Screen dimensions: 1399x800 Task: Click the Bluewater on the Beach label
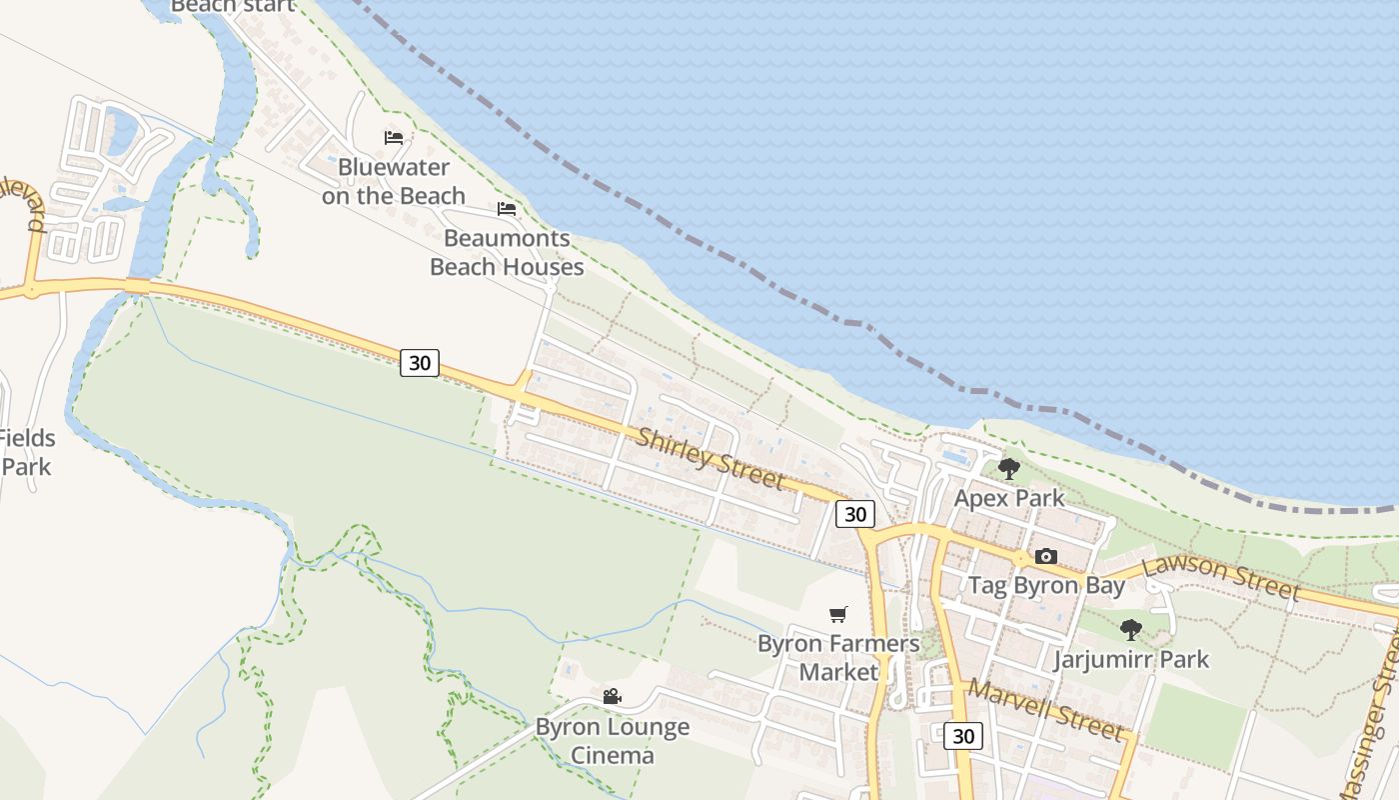click(394, 181)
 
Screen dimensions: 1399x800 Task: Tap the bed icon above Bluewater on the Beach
click(394, 137)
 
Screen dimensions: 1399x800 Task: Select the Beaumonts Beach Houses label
click(507, 252)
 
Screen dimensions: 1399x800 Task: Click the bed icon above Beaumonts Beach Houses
click(507, 209)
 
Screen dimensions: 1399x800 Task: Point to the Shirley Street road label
click(710, 458)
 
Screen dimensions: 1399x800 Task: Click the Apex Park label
click(1009, 498)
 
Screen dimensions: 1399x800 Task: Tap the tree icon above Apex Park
click(1009, 467)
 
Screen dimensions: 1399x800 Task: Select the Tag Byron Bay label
click(1046, 586)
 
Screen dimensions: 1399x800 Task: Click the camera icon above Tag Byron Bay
click(1046, 557)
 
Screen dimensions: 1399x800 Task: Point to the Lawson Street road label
click(1221, 579)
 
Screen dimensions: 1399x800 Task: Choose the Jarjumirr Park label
click(1131, 660)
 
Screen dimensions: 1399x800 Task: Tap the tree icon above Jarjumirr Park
click(1131, 630)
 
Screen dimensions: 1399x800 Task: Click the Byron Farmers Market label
click(838, 657)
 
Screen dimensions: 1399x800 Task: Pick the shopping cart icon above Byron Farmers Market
click(838, 614)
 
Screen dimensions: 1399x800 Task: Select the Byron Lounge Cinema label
click(613, 740)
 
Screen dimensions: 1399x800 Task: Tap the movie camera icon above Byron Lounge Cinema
click(612, 697)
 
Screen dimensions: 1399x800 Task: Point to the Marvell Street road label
click(1045, 709)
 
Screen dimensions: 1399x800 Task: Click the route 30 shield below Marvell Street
click(963, 736)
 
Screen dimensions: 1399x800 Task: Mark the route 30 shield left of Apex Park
click(855, 514)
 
